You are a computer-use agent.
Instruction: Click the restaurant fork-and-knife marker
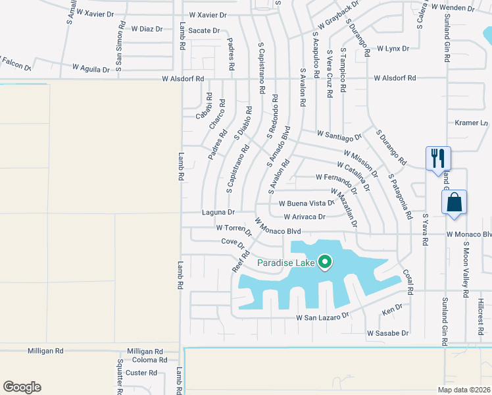point(438,159)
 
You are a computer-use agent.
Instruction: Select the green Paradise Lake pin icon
point(324,262)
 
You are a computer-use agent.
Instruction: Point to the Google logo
point(22,387)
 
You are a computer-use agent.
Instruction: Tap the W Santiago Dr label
point(339,136)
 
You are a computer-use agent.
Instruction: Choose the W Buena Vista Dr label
point(307,204)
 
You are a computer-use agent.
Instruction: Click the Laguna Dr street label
point(218,213)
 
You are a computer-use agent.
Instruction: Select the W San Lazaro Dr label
point(322,318)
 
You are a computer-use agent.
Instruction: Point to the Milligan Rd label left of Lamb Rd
point(45,352)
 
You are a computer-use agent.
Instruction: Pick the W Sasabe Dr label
point(388,334)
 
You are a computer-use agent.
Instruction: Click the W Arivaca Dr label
point(305,217)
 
